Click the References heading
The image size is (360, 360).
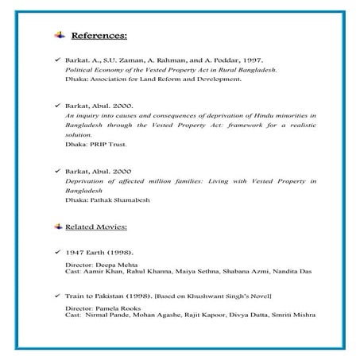(x=99, y=36)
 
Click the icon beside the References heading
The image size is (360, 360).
(x=60, y=36)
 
